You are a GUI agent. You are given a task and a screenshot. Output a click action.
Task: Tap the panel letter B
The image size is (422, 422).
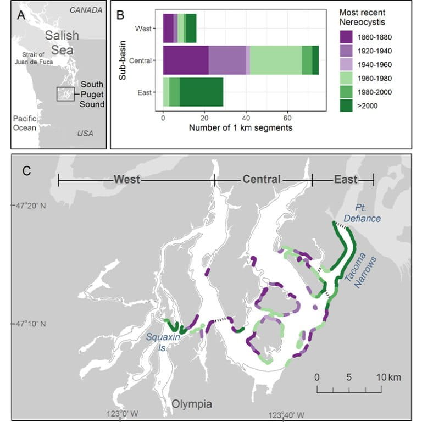120,15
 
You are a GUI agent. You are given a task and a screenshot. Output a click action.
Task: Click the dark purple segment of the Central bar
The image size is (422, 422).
186,60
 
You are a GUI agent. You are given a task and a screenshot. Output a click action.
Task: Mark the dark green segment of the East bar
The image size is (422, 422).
201,92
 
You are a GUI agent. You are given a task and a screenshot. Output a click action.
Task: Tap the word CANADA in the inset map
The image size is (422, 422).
86,10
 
